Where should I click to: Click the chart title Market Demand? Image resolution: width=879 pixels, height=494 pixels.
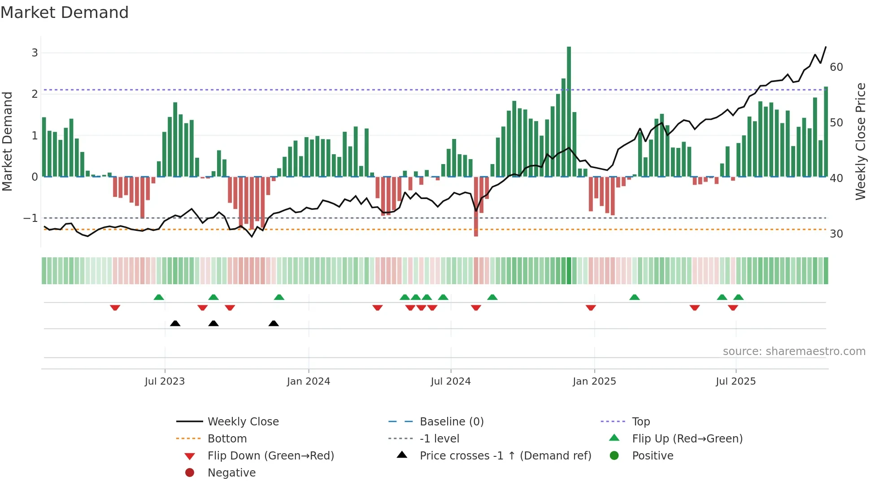[65, 13]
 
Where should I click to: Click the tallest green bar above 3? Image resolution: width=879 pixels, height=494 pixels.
[569, 112]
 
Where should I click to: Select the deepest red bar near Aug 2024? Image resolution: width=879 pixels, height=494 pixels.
[476, 206]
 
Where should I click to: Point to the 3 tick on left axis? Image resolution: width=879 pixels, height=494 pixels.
[35, 53]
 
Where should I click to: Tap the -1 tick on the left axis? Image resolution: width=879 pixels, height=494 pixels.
[31, 218]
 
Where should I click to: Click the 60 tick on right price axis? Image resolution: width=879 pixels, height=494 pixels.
[836, 67]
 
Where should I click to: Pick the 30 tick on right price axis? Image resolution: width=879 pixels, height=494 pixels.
[836, 234]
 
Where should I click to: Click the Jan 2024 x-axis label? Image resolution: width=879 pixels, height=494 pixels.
[309, 381]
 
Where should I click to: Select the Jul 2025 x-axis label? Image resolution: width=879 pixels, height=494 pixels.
[735, 381]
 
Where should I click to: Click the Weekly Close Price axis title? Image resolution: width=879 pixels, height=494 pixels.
[860, 141]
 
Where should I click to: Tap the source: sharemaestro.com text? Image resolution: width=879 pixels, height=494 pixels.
[794, 351]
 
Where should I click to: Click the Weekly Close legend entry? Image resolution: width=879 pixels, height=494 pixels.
[243, 422]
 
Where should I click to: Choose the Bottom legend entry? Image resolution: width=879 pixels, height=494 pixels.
[227, 439]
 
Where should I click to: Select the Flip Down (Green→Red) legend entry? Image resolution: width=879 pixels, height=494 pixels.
[270, 456]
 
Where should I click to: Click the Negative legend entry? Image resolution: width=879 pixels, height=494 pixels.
[231, 473]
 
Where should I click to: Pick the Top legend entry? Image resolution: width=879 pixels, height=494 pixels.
[641, 422]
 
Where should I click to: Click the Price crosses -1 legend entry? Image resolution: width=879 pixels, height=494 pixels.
[505, 456]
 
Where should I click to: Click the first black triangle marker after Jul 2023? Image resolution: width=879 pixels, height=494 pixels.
[175, 324]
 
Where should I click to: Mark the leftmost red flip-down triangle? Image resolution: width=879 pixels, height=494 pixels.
[115, 308]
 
